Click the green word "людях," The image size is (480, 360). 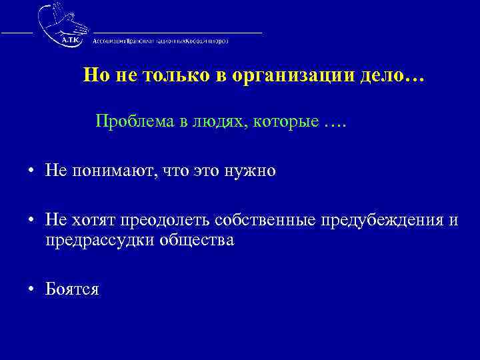tap(219, 122)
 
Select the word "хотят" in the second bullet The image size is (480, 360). tap(89, 220)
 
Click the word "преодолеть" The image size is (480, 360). tap(159, 220)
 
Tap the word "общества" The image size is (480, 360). tap(197, 239)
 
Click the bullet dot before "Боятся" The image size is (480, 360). tap(31, 289)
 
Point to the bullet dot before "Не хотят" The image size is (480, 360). tap(31, 221)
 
